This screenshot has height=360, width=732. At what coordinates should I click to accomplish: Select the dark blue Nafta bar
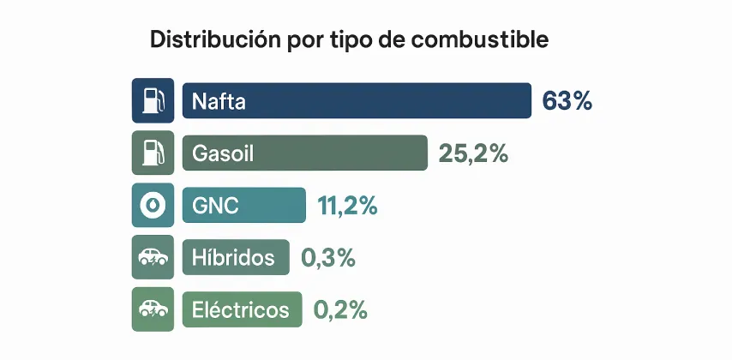pos(357,100)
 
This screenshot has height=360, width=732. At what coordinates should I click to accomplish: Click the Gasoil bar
pos(304,153)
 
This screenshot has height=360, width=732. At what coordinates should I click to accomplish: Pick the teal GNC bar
pos(243,206)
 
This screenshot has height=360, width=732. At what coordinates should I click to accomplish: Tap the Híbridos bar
pos(236,257)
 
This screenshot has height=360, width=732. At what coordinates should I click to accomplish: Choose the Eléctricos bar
pos(243,309)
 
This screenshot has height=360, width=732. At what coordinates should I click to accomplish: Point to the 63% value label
pos(567,100)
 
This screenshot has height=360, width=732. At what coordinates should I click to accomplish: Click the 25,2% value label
pos(473,153)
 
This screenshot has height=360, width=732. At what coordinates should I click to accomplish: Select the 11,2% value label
pos(347,206)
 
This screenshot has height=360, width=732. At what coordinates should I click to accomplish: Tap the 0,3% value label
pos(327,257)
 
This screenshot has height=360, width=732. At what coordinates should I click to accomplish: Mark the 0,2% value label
pos(340,309)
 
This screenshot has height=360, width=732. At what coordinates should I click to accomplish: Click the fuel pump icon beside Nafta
pos(153,100)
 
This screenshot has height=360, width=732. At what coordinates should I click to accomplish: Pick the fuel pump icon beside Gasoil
pos(153,153)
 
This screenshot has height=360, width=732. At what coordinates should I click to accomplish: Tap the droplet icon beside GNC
pos(153,206)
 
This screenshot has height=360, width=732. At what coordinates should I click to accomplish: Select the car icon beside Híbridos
pos(153,257)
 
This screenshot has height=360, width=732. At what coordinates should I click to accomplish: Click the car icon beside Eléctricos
pos(153,309)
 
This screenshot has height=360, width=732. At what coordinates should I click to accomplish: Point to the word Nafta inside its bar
pos(219,101)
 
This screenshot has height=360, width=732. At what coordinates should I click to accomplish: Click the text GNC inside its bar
pos(215,207)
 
